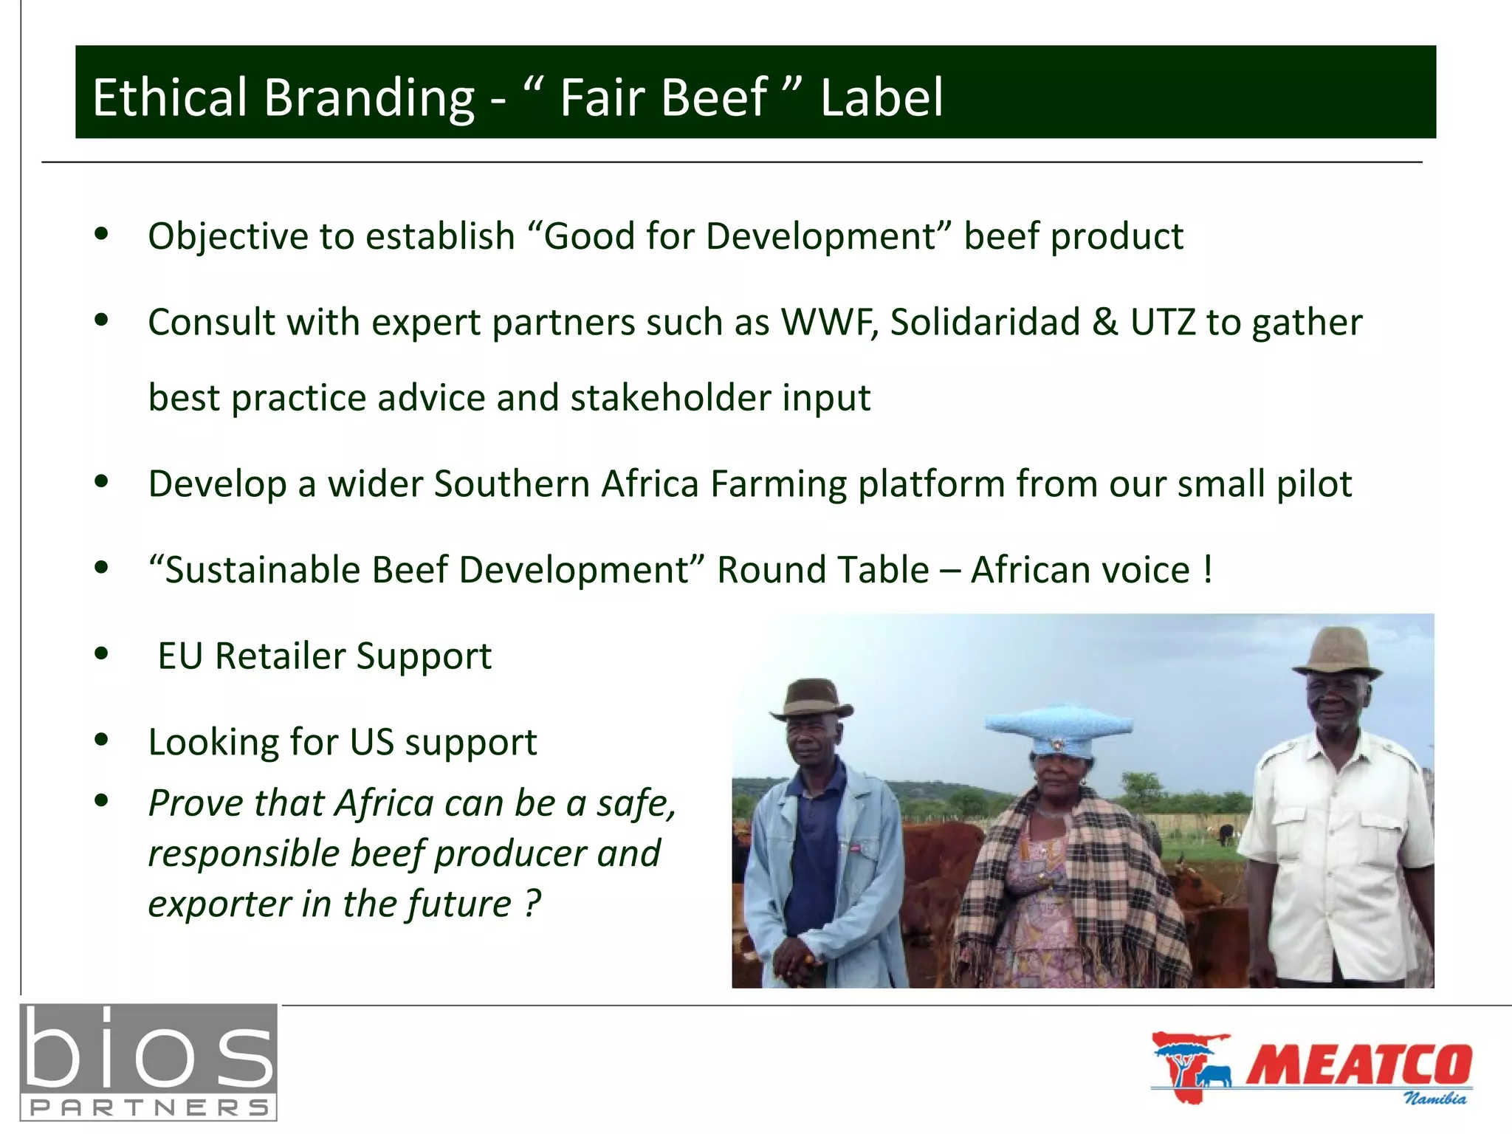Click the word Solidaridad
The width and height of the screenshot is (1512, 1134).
984,322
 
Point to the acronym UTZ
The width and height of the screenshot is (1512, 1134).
1162,322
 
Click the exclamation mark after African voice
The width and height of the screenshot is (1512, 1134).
1208,570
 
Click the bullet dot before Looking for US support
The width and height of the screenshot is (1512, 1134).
102,740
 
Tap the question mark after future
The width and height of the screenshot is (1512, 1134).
533,904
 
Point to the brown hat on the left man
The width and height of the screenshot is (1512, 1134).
812,698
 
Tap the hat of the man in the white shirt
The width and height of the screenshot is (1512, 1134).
1337,650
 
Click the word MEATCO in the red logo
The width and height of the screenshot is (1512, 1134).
1358,1065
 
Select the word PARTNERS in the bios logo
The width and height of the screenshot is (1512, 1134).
148,1107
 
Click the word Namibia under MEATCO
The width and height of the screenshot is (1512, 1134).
1434,1098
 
